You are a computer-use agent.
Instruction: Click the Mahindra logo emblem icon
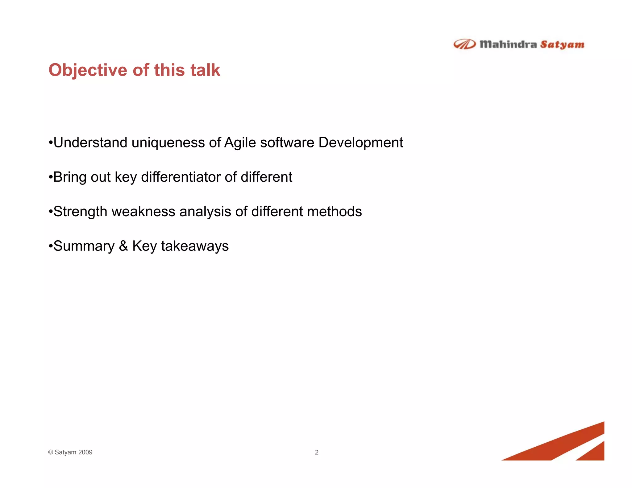tap(464, 44)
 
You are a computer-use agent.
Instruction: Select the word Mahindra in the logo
tap(508, 44)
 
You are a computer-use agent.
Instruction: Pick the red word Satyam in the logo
tap(562, 45)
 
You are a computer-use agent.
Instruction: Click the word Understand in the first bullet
tap(90, 143)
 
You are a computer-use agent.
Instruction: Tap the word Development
tap(360, 143)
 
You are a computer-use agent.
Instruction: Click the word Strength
tap(80, 212)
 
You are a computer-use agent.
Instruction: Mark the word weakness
tap(143, 212)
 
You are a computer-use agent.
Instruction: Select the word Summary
tap(84, 246)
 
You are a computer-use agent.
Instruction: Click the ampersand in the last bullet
tap(123, 246)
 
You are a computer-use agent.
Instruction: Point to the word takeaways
tap(195, 246)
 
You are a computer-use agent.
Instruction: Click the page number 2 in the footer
tap(316, 452)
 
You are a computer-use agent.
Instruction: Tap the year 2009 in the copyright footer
tap(85, 452)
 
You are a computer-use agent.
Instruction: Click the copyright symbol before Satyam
tap(51, 452)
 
